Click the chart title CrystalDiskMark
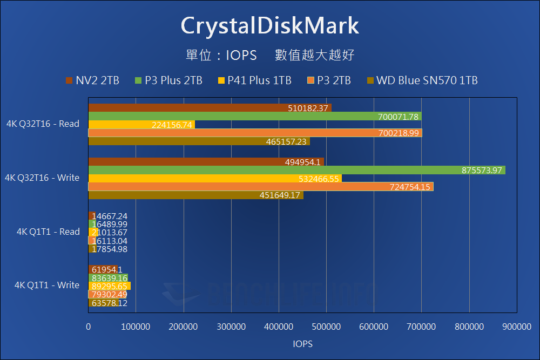pos(269,25)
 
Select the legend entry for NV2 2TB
pos(92,80)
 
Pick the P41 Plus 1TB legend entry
pos(254,80)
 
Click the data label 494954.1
pos(303,162)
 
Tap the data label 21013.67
pos(110,232)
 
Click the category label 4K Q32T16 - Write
pos(42,178)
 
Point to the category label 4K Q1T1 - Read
pos(48,232)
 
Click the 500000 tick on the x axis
pos(326,327)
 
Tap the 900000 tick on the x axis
pos(517,327)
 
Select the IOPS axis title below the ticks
pos(302,344)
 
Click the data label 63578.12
pos(110,303)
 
